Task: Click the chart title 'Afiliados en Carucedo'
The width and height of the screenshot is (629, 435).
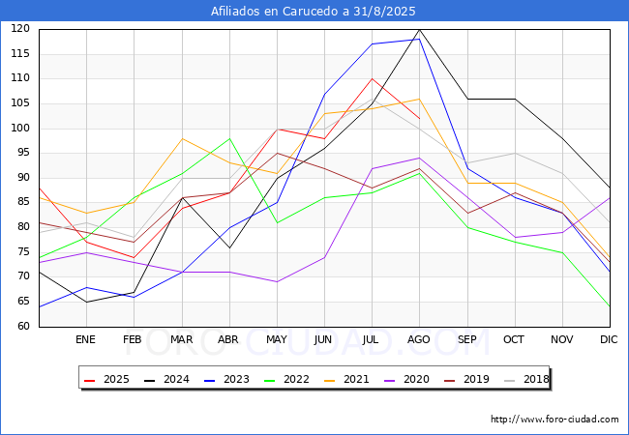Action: tap(314, 12)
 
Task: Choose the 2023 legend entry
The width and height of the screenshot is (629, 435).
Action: tap(225, 379)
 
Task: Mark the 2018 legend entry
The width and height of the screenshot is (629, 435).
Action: tap(523, 379)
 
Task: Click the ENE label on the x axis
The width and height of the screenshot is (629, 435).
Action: tap(85, 339)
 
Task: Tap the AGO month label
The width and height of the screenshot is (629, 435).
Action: tap(419, 339)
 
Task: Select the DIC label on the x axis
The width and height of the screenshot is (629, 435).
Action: tap(609, 339)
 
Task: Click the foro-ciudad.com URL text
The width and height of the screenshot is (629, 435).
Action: tap(554, 420)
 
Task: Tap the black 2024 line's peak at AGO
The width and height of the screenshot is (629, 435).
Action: tap(419, 29)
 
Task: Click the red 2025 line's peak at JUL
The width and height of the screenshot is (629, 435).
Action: tap(372, 78)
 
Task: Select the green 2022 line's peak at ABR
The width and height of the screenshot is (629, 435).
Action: tap(229, 138)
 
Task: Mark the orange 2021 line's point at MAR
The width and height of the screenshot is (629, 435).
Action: tap(182, 138)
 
